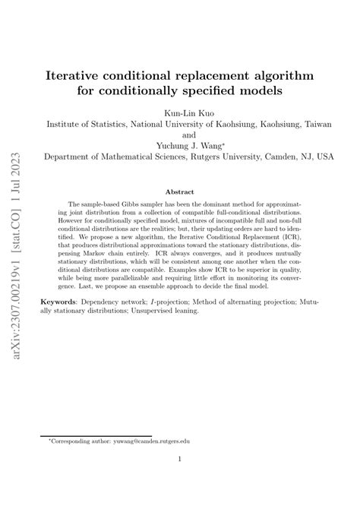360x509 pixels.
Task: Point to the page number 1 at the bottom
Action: (x=180, y=459)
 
